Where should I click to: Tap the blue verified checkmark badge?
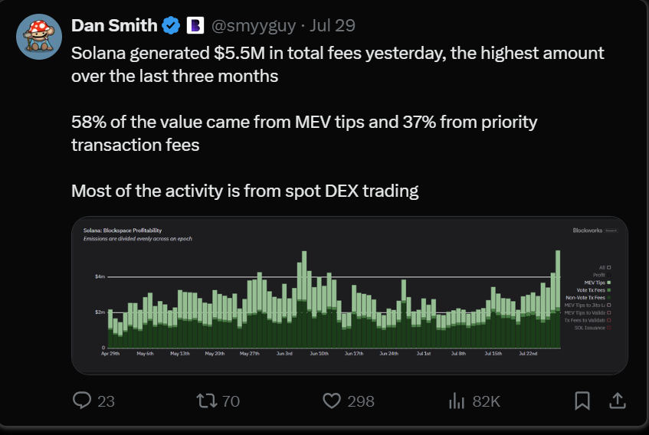click(x=171, y=26)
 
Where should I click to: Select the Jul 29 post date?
click(x=333, y=26)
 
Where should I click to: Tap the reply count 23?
click(x=106, y=401)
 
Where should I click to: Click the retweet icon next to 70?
click(x=206, y=401)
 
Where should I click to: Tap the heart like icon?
click(x=331, y=401)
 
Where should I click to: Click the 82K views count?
click(x=486, y=401)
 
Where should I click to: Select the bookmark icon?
click(x=582, y=401)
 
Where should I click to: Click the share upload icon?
click(x=617, y=401)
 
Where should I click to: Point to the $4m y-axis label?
click(x=100, y=276)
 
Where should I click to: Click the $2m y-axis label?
click(x=100, y=312)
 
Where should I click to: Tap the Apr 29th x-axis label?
click(x=110, y=354)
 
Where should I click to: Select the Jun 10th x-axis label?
click(x=319, y=354)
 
